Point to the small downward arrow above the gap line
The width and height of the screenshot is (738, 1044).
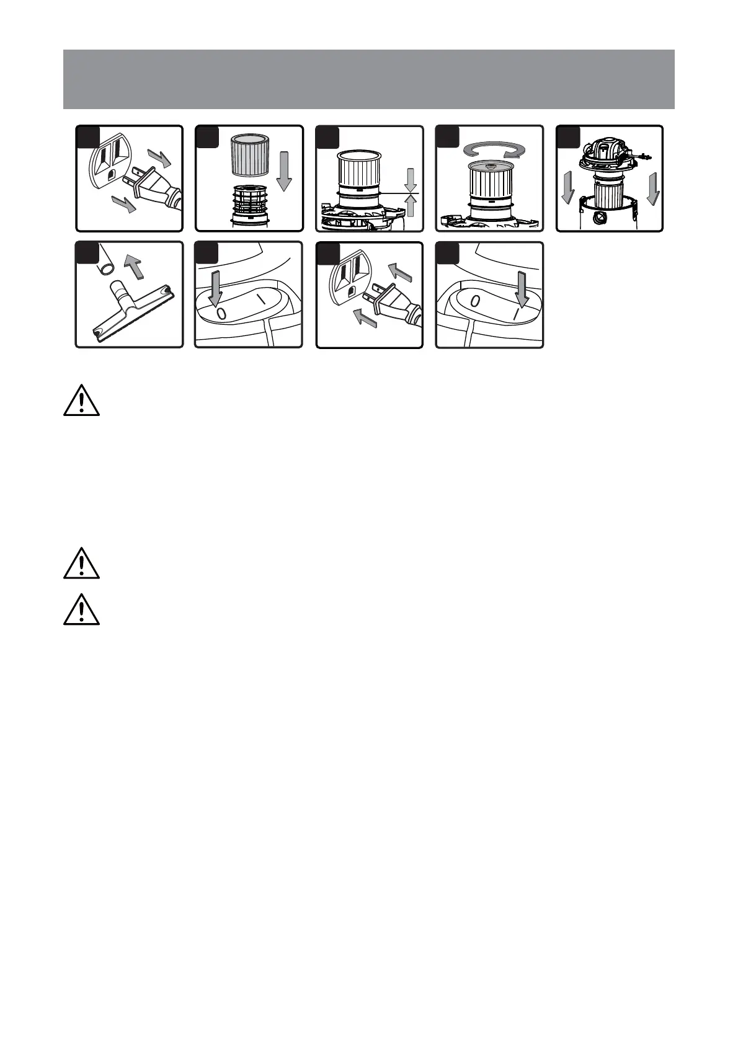(410, 180)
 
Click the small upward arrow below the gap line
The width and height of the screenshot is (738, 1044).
(410, 206)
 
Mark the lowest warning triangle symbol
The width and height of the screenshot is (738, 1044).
(81, 611)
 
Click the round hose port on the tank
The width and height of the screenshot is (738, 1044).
(601, 218)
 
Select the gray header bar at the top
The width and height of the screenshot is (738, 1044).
(368, 79)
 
